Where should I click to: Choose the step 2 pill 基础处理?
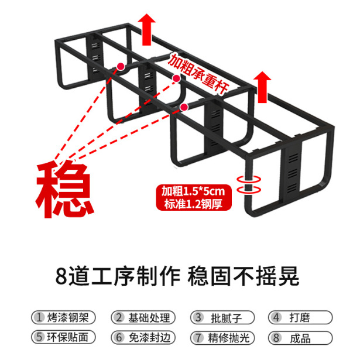coord(143,317)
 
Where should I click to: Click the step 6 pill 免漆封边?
coord(143,337)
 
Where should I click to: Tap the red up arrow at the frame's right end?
coord(264,86)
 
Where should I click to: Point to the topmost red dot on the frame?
coord(121,66)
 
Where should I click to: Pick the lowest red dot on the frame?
coord(185,106)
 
